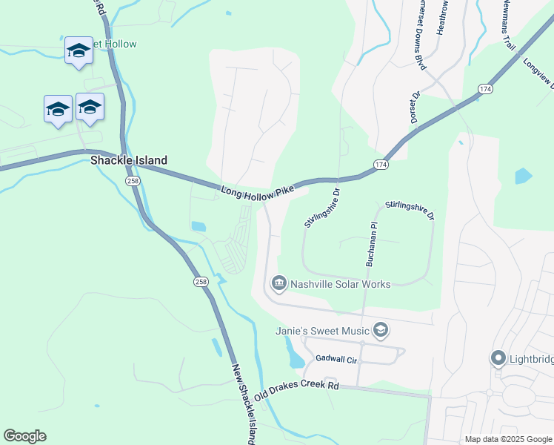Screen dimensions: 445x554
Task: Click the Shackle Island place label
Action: coord(128,160)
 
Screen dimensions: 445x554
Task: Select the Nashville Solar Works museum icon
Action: coord(279,283)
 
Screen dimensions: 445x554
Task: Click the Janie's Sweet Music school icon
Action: coord(380,330)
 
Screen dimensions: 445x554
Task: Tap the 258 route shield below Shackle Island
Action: coord(132,181)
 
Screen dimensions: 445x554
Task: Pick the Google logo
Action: coord(24,436)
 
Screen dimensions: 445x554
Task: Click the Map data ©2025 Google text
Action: coord(507,439)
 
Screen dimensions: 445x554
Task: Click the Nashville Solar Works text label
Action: coord(340,283)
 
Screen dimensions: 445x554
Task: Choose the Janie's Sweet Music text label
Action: coord(322,330)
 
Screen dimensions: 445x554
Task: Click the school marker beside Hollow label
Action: coord(79,50)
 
